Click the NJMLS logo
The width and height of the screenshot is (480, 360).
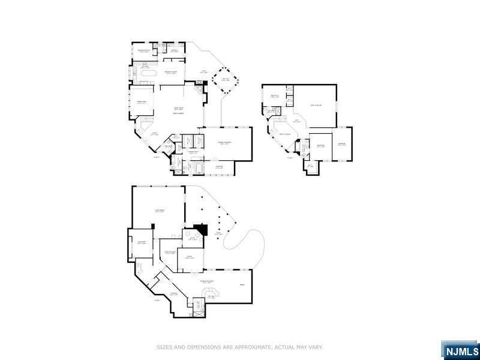coord(460,350)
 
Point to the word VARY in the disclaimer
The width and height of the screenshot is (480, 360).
coord(316,347)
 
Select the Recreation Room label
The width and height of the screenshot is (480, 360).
coord(208,281)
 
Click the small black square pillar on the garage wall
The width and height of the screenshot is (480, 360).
coord(154,226)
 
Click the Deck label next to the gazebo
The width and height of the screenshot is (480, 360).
coord(203,72)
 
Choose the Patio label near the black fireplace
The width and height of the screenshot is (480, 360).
coord(210,234)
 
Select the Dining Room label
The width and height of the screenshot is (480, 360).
coord(142,103)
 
